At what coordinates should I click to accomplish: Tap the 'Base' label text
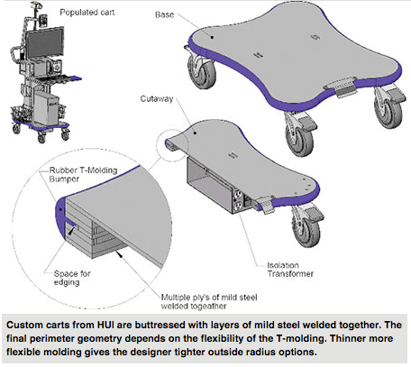(x=166, y=14)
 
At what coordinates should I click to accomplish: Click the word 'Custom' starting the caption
(x=28, y=324)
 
